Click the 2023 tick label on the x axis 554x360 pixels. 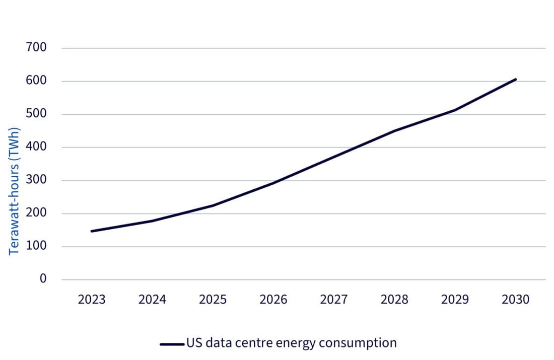click(92, 300)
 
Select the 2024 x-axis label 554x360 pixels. click(152, 300)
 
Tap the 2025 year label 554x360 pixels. click(213, 300)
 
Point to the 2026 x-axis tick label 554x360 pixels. click(273, 300)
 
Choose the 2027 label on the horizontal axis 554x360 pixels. click(334, 300)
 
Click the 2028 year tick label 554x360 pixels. click(394, 300)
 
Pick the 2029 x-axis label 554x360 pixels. click(455, 300)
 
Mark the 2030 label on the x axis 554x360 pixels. click(516, 300)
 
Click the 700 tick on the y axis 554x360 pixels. click(36, 48)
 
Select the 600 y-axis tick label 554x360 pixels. click(36, 81)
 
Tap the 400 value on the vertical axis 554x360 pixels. click(36, 147)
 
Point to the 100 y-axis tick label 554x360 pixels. click(36, 246)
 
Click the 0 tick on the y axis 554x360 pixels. click(43, 279)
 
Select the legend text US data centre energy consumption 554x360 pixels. click(291, 343)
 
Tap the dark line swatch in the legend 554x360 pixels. click(172, 344)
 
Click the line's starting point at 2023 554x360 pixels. click(92, 231)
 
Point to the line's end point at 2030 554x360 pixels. click(516, 79)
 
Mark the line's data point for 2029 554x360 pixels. click(455, 110)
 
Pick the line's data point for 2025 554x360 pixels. click(213, 205)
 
